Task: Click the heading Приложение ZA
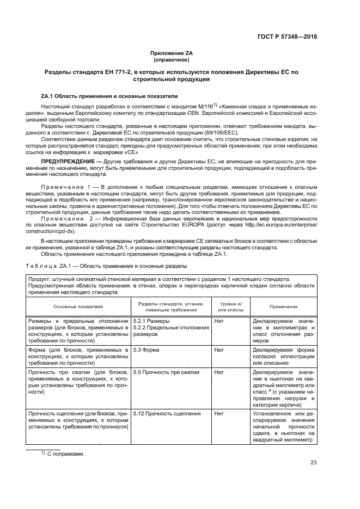coord(172,53)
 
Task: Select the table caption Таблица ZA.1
coord(107,266)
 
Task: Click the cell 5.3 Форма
coord(147,349)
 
